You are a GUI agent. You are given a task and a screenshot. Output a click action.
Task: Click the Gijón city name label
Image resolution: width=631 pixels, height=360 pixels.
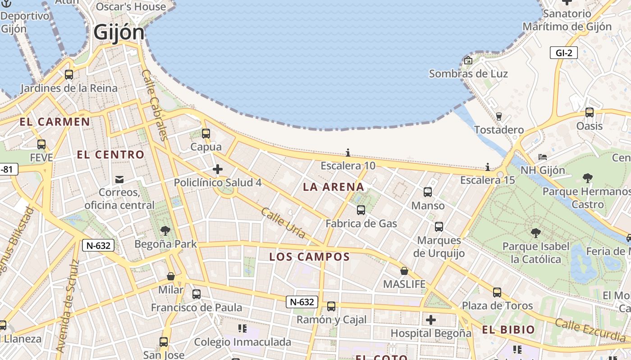(x=119, y=32)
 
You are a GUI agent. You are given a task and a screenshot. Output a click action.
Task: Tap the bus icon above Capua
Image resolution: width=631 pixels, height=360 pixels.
(x=206, y=133)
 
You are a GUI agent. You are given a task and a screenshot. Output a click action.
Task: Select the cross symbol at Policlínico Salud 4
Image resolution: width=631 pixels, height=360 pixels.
(x=218, y=169)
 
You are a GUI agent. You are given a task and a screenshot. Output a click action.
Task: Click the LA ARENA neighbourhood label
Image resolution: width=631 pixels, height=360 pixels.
(x=334, y=187)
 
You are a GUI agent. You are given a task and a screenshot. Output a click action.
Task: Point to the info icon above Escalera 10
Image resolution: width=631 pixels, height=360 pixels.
(x=348, y=153)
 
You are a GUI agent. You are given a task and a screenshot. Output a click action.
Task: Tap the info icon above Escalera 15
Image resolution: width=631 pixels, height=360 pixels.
(x=487, y=167)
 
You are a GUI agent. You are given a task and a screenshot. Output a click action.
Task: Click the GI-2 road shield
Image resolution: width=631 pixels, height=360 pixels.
(x=564, y=53)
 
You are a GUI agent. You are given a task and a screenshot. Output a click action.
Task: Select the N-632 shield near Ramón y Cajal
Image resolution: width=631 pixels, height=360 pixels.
(x=302, y=301)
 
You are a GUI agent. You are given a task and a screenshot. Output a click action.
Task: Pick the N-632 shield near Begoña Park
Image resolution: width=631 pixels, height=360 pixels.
(x=98, y=245)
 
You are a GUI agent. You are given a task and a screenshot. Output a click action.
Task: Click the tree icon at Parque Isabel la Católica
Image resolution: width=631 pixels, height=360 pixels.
(x=536, y=233)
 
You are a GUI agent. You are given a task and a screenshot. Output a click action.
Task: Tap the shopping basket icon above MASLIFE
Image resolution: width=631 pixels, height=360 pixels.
(x=404, y=271)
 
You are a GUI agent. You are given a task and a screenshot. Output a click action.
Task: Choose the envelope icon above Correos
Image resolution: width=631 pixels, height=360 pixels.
(x=119, y=180)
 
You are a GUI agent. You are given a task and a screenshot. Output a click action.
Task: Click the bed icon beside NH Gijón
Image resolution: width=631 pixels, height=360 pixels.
(x=543, y=157)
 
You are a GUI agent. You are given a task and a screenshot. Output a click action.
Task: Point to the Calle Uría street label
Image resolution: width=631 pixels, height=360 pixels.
(x=283, y=223)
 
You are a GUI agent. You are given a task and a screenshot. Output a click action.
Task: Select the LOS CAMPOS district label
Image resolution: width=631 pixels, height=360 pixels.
(x=309, y=257)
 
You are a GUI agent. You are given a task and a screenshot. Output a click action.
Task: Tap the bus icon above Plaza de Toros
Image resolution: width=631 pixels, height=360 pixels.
(x=497, y=292)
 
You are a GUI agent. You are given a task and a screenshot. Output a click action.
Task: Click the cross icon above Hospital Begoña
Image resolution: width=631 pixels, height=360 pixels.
(x=431, y=320)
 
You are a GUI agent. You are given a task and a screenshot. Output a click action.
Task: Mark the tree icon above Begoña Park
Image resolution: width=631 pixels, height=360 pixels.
(x=165, y=231)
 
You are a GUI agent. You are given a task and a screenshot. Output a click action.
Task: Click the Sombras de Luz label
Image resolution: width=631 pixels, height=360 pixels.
(x=468, y=74)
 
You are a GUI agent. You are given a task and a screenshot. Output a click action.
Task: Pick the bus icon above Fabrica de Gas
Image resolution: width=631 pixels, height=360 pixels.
(x=361, y=210)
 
